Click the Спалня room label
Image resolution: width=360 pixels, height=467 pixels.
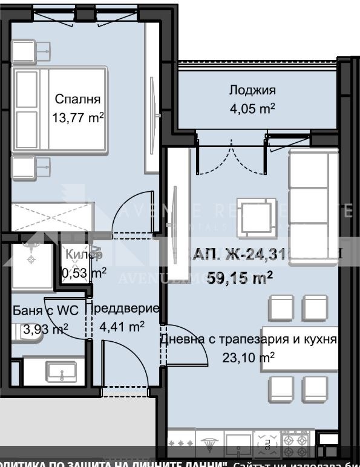pyautogui.click(x=77, y=99)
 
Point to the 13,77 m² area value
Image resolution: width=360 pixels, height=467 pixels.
pyautogui.click(x=77, y=118)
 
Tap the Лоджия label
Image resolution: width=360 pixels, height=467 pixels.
pyautogui.click(x=252, y=91)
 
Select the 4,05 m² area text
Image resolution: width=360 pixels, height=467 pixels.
pyautogui.click(x=252, y=109)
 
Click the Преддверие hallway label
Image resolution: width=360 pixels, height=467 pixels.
pyautogui.click(x=123, y=308)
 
